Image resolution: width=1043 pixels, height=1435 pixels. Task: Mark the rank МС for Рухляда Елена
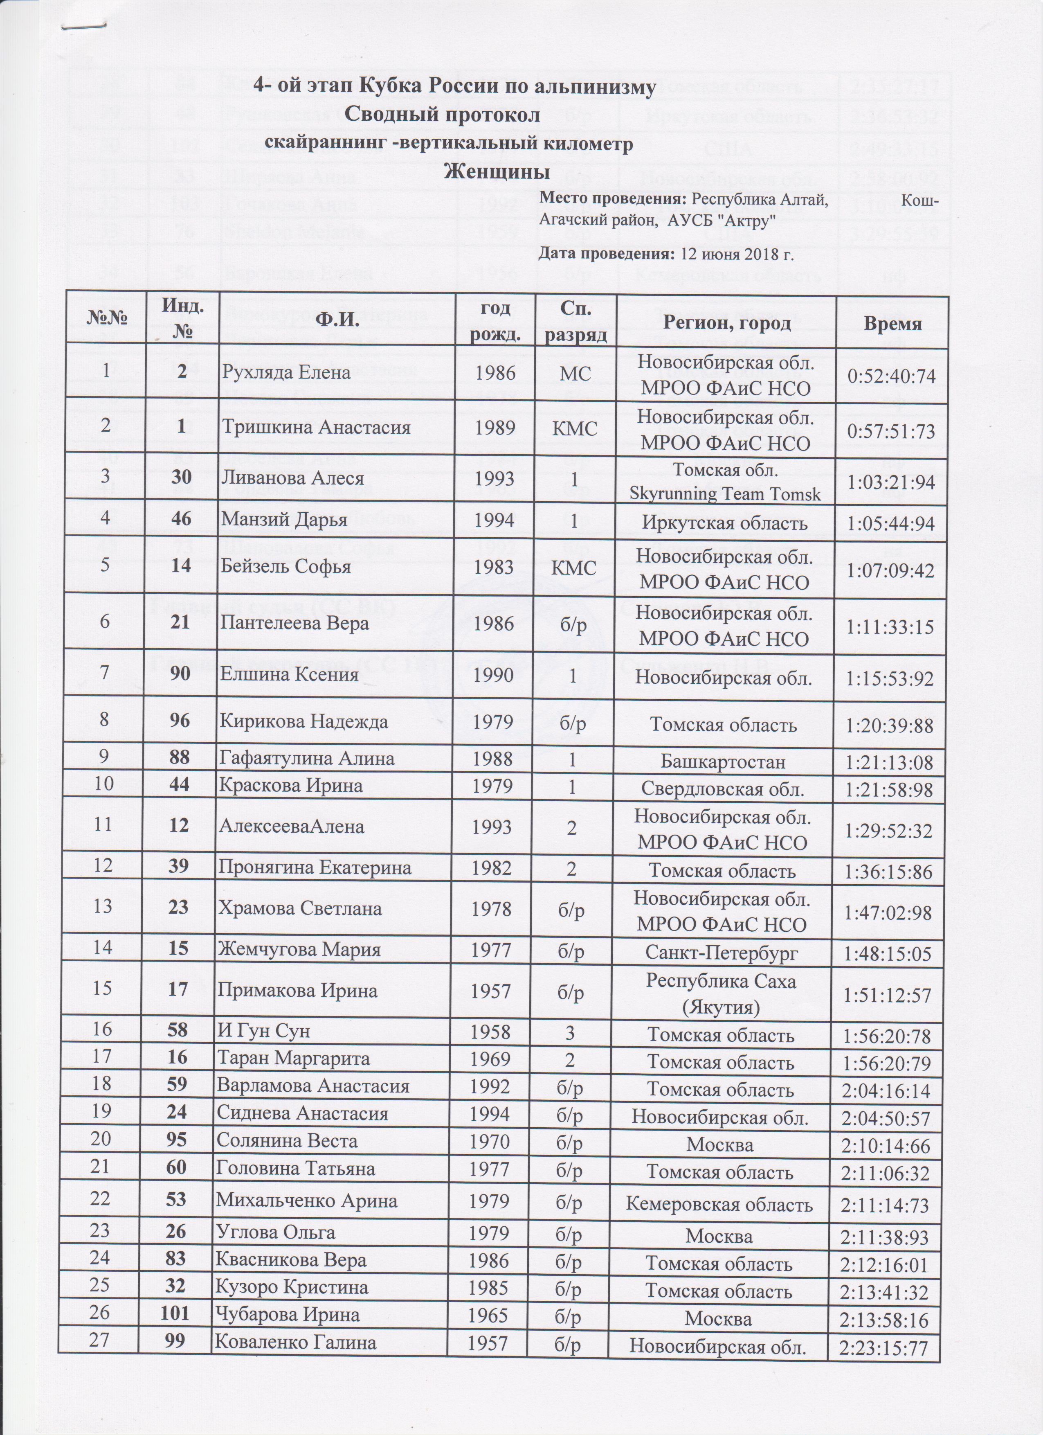click(575, 373)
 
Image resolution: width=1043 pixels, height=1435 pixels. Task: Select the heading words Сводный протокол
click(443, 116)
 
